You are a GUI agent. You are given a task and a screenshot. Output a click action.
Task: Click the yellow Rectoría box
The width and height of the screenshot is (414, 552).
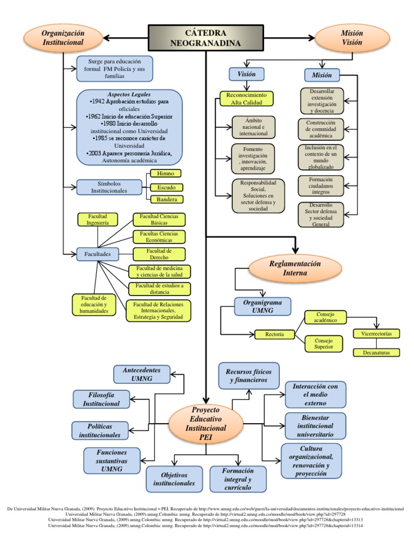coord(274,335)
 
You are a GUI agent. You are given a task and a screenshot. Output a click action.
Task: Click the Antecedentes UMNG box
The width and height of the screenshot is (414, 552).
coord(141,375)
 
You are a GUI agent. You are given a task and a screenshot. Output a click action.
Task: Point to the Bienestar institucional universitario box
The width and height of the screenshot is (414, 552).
coord(315,426)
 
